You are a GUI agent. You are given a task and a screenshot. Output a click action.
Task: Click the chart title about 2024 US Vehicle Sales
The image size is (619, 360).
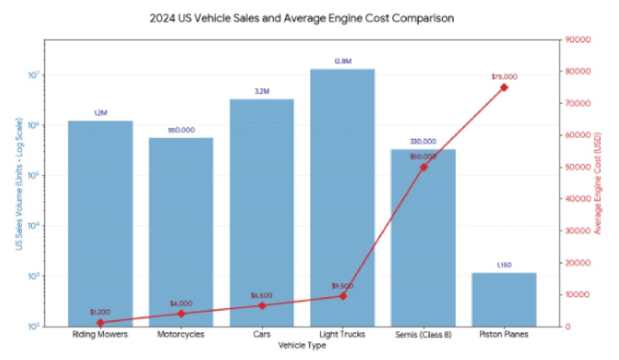pyautogui.click(x=302, y=19)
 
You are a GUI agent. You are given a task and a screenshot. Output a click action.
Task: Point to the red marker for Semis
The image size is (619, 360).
pyautogui.click(x=423, y=167)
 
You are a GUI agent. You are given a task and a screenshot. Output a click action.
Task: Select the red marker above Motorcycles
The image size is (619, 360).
pyautogui.click(x=181, y=313)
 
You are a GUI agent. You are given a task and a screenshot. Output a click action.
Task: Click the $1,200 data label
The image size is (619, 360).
pyautogui.click(x=100, y=312)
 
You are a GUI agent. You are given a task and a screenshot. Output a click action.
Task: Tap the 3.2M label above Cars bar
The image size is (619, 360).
pyautogui.click(x=262, y=91)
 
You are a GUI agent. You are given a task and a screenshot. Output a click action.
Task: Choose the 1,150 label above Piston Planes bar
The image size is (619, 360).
pyautogui.click(x=504, y=265)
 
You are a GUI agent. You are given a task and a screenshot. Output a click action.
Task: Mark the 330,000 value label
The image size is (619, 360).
pyautogui.click(x=423, y=142)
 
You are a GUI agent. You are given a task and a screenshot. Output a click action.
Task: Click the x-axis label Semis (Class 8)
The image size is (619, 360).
pyautogui.click(x=423, y=335)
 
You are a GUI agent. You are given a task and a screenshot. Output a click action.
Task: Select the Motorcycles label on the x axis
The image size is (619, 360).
pyautogui.click(x=181, y=335)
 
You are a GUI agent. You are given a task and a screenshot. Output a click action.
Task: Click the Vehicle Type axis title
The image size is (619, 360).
pyautogui.click(x=302, y=346)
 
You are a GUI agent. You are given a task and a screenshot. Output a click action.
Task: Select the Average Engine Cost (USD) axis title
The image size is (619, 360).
pyautogui.click(x=598, y=183)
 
